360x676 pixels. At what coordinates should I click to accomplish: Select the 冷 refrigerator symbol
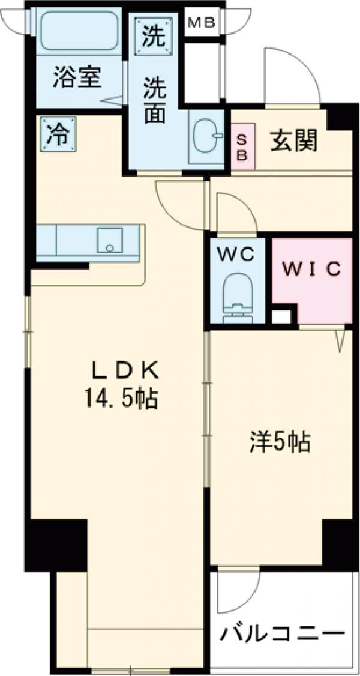tap(58, 133)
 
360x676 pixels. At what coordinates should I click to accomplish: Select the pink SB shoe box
tap(243, 146)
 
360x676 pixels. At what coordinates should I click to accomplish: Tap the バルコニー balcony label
tap(282, 634)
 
